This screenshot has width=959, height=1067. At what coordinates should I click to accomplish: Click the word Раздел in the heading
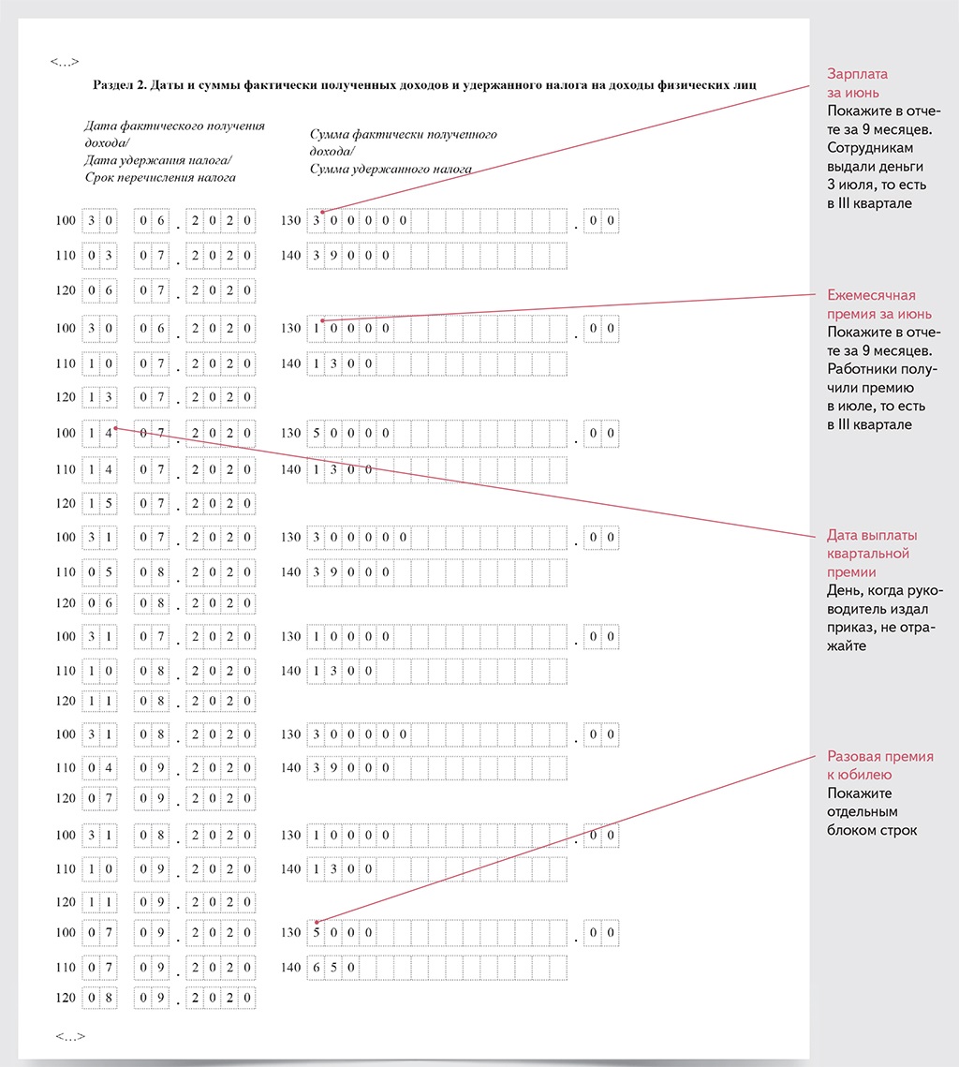[113, 86]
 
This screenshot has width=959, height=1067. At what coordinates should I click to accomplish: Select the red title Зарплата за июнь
[857, 82]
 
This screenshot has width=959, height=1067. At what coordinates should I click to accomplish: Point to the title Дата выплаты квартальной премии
[871, 553]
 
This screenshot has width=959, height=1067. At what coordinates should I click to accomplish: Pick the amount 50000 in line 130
[351, 433]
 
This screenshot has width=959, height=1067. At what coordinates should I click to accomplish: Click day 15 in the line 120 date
[99, 503]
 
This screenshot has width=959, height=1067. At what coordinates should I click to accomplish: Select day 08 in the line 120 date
[99, 998]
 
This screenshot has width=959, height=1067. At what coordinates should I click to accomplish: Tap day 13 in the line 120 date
[99, 397]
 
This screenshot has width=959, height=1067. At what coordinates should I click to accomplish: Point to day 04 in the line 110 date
[99, 767]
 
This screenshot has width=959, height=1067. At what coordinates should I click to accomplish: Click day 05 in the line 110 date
[99, 571]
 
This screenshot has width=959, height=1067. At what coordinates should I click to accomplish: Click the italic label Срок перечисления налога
[160, 177]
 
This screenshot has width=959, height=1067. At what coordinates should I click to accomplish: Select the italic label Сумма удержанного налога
[391, 170]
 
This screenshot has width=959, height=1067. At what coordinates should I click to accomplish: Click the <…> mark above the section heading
[65, 62]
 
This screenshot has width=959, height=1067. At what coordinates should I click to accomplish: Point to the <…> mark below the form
[70, 1036]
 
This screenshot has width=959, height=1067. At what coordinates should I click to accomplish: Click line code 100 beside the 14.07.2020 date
[66, 433]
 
